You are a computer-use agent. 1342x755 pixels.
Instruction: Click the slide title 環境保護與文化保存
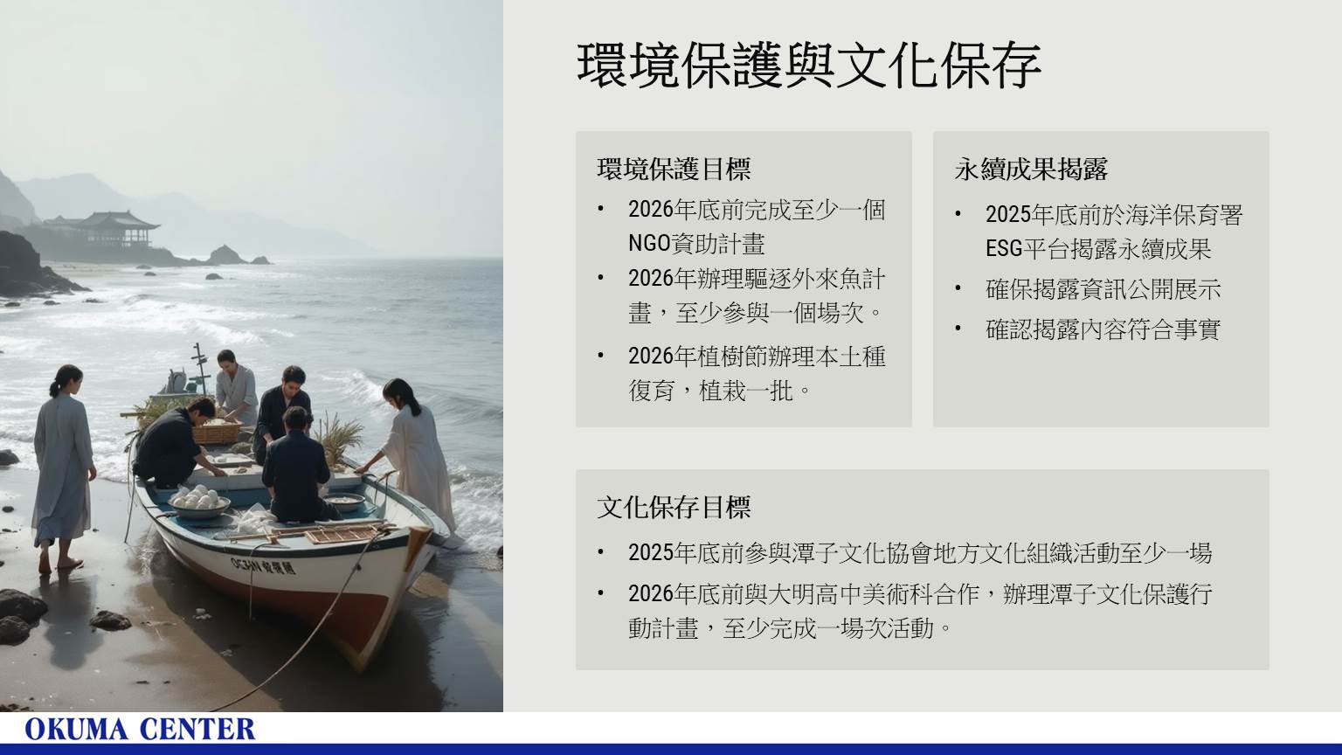click(809, 65)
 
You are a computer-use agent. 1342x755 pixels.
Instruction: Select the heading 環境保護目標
click(674, 169)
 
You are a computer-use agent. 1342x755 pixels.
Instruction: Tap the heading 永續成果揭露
click(1031, 169)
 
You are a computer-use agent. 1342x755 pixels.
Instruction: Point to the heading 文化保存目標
click(674, 508)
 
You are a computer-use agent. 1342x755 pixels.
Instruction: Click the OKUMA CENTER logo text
click(140, 730)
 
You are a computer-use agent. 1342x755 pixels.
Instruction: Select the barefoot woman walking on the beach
click(63, 468)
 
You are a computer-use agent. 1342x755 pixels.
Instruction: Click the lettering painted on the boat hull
click(263, 565)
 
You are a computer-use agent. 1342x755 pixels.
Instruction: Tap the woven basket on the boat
click(217, 431)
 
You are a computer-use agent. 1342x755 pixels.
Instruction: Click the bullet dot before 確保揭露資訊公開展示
click(958, 289)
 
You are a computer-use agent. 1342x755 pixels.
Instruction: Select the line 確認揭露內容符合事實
click(1103, 329)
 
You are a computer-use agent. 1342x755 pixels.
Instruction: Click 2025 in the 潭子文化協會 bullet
click(651, 553)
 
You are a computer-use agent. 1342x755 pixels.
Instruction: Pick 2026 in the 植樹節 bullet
click(651, 357)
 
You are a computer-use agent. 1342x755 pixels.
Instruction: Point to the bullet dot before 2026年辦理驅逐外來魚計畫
click(601, 279)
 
